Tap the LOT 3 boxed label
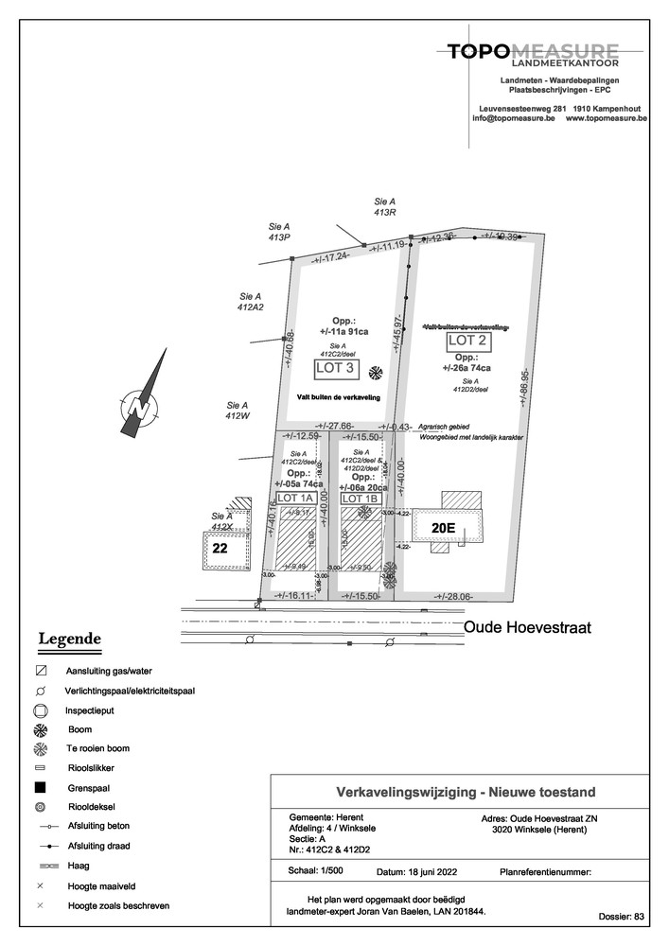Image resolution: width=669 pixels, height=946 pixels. [337, 367]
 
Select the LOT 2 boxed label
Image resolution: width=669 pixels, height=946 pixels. [467, 341]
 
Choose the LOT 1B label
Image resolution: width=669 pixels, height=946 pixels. [360, 499]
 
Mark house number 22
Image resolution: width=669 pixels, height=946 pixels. [220, 548]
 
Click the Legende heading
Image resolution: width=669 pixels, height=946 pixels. [69, 639]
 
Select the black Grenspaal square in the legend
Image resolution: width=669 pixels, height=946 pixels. [40, 787]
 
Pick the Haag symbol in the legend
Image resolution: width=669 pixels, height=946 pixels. [40, 866]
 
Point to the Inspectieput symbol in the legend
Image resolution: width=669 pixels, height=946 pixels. [40, 709]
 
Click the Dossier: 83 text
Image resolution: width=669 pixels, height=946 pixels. [621, 917]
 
